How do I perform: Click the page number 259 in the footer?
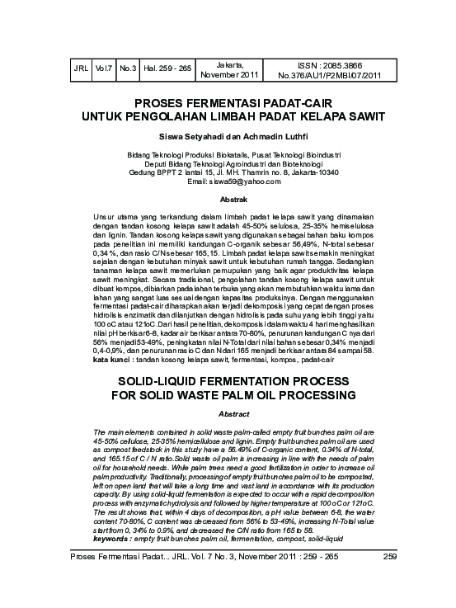point(391,580)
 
